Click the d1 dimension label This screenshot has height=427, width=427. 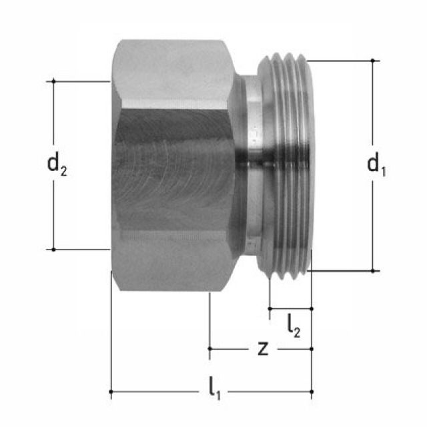(x=377, y=163)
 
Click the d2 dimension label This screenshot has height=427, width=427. (x=57, y=163)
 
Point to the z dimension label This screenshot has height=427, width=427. (x=264, y=348)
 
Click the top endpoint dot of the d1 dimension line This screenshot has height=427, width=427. (x=373, y=60)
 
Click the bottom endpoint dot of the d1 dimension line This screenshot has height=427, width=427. (x=373, y=271)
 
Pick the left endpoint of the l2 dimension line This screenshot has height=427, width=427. (x=270, y=308)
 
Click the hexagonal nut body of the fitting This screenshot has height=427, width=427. (x=173, y=167)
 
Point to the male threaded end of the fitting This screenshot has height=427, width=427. (x=287, y=167)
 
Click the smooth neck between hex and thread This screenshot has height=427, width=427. (x=248, y=167)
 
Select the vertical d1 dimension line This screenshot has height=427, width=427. (x=373, y=220)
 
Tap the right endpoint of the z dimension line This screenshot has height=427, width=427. (x=312, y=348)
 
